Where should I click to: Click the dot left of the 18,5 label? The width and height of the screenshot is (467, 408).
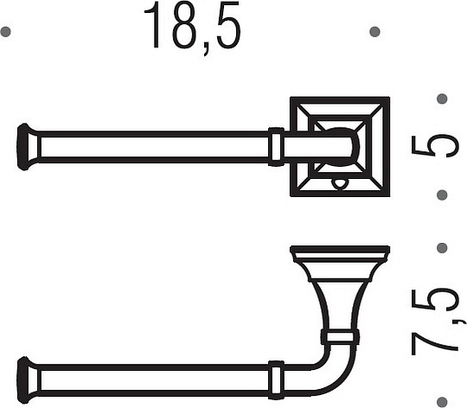(x=6, y=32)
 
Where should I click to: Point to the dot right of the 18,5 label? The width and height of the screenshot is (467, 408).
(x=374, y=32)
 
